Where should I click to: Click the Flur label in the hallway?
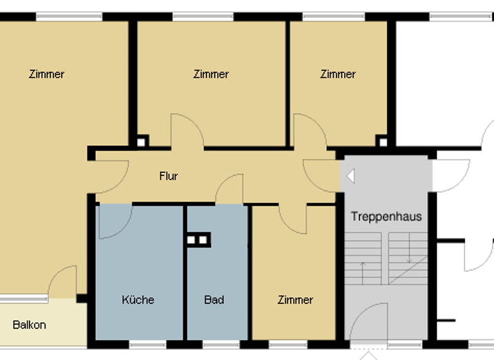pyautogui.click(x=169, y=176)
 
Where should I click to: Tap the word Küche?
pyautogui.click(x=138, y=300)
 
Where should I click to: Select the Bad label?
pyautogui.click(x=214, y=300)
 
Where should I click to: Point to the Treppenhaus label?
pyautogui.click(x=386, y=216)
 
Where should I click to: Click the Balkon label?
pyautogui.click(x=30, y=325)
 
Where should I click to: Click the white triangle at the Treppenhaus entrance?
pyautogui.click(x=350, y=175)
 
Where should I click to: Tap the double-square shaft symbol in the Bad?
pyautogui.click(x=198, y=240)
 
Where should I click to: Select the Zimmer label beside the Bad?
pyautogui.click(x=295, y=300)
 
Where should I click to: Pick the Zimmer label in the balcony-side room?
pyautogui.click(x=46, y=74)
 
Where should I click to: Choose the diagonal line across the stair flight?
pyautogui.click(x=408, y=270)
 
